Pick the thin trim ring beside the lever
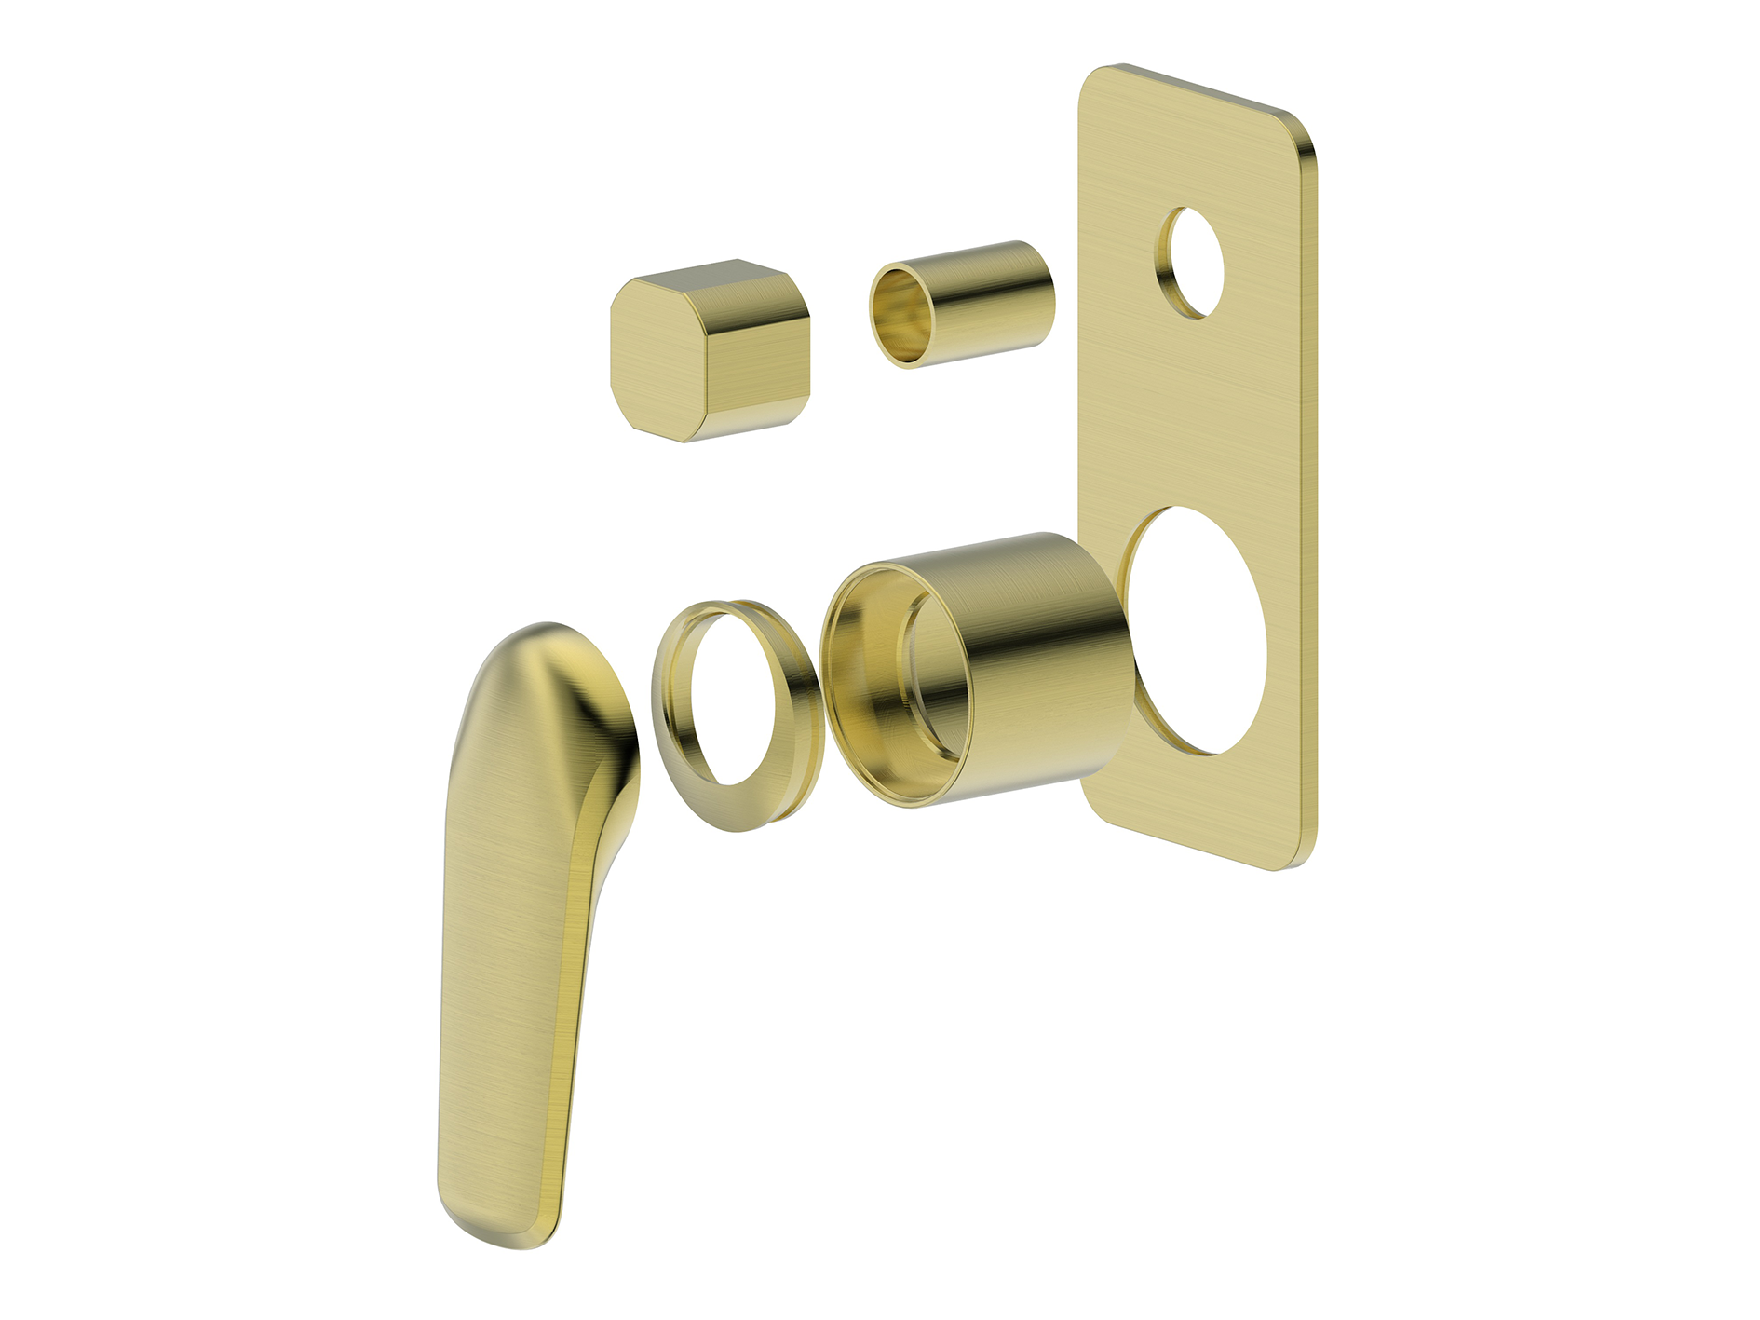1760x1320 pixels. pyautogui.click(x=736, y=715)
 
